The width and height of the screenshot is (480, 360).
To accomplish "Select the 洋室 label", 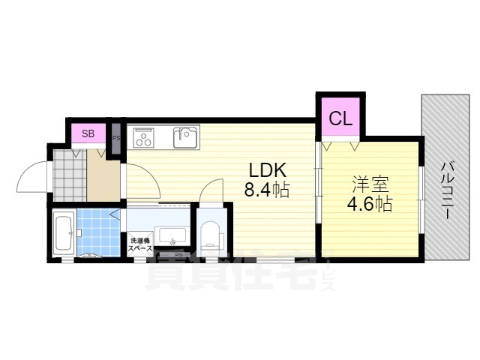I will point(370,182).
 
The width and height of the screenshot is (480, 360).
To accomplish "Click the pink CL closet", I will point(341,118).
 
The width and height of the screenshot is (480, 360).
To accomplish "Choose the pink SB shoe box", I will point(88,134).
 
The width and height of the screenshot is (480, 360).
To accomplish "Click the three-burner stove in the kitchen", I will point(144,137).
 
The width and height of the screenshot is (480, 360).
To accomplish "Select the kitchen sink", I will point(185,138).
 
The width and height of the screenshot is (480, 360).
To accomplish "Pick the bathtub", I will point(64,232).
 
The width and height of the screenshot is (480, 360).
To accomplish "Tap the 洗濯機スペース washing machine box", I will point(140,244).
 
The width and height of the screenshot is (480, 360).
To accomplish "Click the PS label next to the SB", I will point(116,138).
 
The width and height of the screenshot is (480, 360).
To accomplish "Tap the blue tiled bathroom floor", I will point(94,230).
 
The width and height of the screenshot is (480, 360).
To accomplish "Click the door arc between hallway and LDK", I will point(140,180).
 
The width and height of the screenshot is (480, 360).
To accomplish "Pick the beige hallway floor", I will point(104,176).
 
